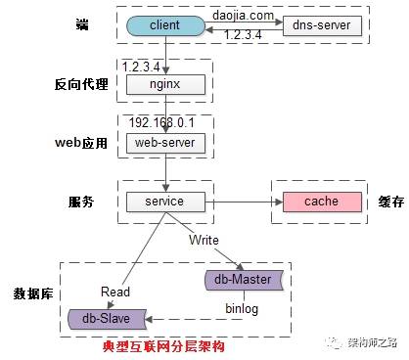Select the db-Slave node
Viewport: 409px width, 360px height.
107,317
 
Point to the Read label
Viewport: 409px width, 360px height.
114,291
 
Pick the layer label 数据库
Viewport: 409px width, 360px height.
32,293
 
